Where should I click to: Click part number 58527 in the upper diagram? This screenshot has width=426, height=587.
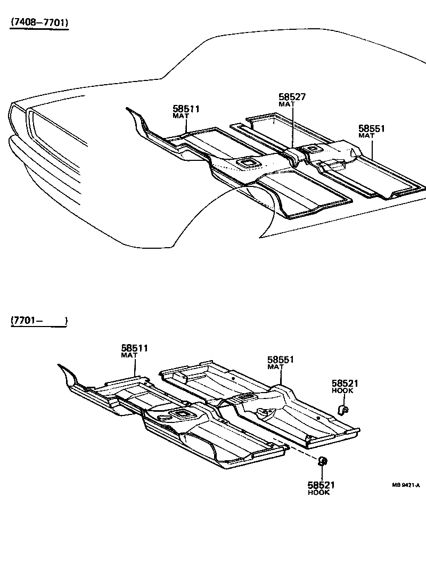click(292, 97)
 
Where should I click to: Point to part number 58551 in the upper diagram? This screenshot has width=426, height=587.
click(371, 128)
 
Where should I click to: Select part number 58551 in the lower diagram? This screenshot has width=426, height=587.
click(281, 360)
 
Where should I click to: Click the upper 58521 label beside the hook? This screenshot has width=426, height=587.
click(345, 383)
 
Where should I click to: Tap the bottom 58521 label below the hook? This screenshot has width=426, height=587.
click(321, 485)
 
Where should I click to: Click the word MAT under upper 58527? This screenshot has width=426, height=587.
click(286, 104)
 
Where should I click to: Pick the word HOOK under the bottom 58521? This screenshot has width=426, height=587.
click(319, 493)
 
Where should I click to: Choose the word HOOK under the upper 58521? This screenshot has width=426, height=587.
click(342, 390)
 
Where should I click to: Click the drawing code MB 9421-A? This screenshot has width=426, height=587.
click(406, 485)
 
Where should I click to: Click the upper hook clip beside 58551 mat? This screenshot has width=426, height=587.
click(343, 409)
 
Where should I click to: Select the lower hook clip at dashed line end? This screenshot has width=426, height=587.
click(322, 461)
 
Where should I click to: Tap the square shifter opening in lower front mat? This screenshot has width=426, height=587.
click(180, 414)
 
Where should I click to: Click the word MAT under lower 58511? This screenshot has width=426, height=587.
click(129, 355)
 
